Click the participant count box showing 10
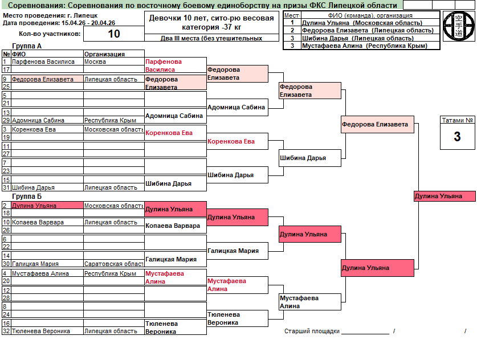(114, 34)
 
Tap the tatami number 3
(457, 137)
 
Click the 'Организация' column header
(104, 54)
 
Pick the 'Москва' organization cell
(95, 62)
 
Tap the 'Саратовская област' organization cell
(113, 264)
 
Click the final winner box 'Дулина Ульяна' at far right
(445, 197)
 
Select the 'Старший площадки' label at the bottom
(312, 331)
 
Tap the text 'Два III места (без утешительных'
(211, 38)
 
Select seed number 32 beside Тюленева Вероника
(6, 331)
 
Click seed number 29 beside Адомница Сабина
(6, 120)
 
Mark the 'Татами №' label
(457, 120)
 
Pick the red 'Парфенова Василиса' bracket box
(175, 66)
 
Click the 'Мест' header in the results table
(292, 15)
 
